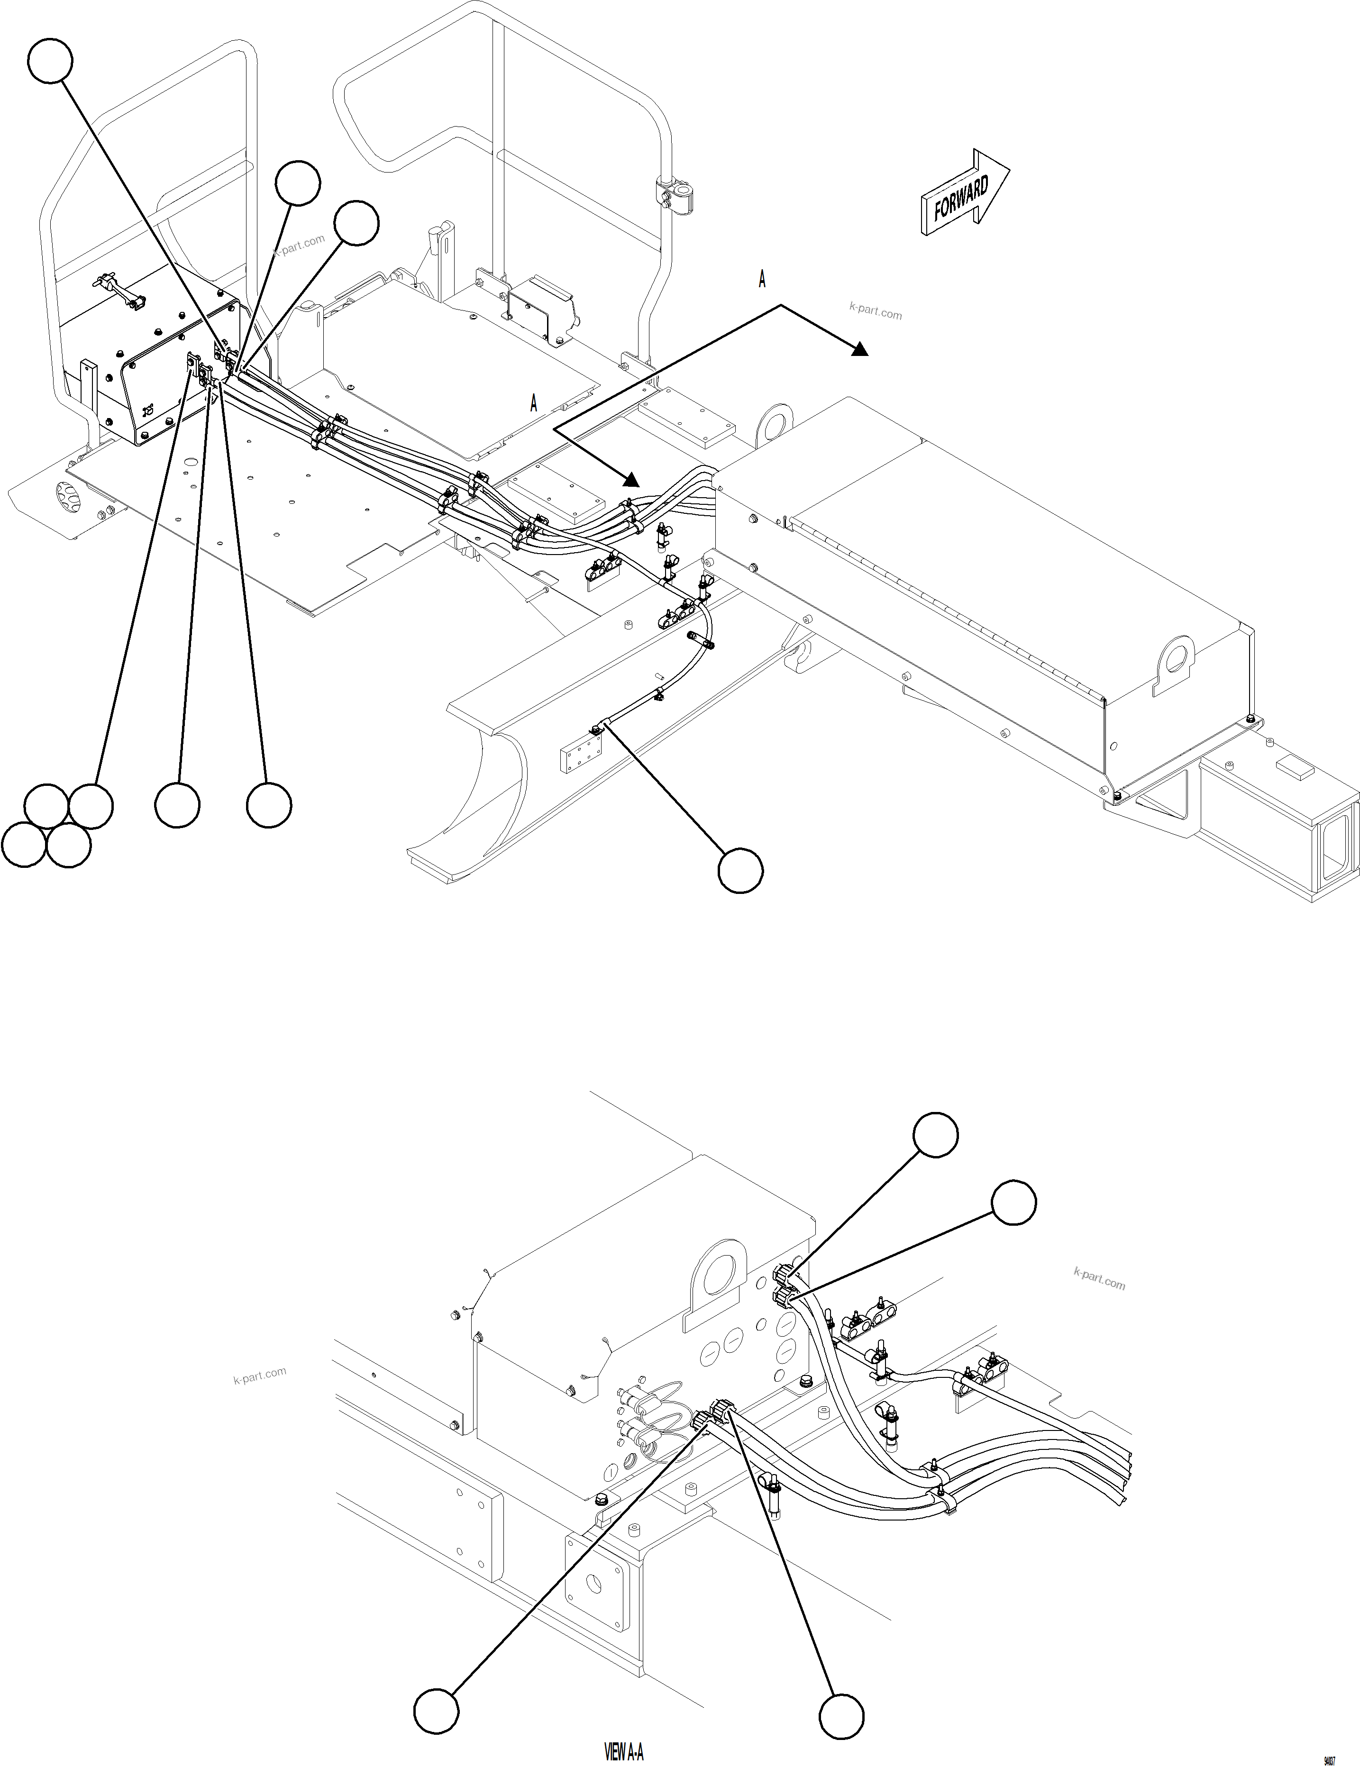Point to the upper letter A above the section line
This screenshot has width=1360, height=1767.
(x=761, y=280)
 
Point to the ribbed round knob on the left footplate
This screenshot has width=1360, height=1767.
(x=70, y=493)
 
